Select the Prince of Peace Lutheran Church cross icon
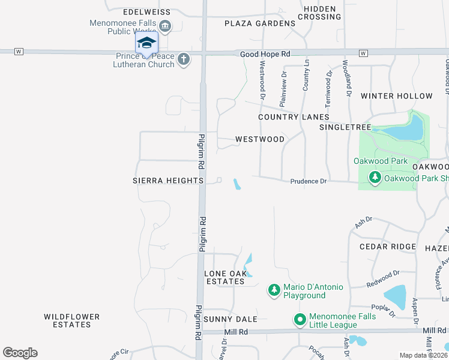tap(184, 59)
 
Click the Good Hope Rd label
tap(265, 54)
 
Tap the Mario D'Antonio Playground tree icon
tap(274, 290)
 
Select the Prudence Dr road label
tap(308, 181)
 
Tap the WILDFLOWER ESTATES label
tap(68, 320)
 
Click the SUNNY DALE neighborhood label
tap(231, 319)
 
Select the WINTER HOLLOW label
tap(396, 96)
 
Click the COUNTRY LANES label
tap(294, 117)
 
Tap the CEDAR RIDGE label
tap(387, 247)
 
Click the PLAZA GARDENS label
tap(260, 23)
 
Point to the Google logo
tap(20, 353)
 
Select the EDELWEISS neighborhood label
tap(146, 12)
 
